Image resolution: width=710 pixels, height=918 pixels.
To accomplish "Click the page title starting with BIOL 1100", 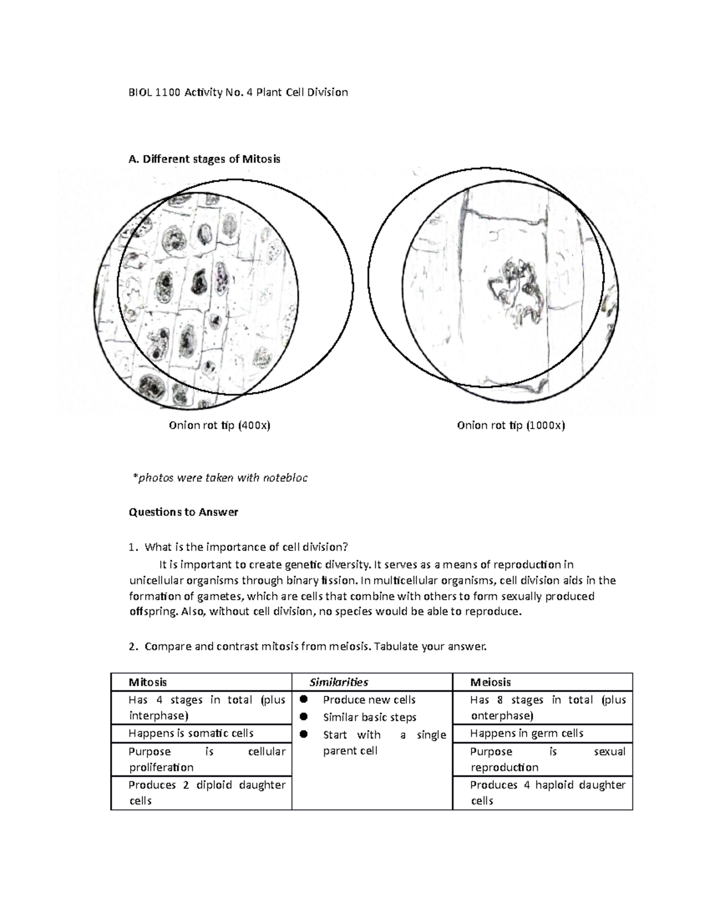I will (x=238, y=92).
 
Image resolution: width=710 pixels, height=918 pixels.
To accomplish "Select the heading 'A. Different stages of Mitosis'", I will (x=204, y=159).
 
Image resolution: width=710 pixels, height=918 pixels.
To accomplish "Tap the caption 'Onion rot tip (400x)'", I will (x=220, y=426).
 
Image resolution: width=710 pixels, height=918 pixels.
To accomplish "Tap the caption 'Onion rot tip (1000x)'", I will (x=511, y=426).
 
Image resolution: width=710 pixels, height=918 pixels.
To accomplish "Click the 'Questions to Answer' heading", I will (x=183, y=512).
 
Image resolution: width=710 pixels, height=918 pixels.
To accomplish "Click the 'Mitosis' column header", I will (x=148, y=682).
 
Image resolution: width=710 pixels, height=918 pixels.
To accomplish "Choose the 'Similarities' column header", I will (x=339, y=682).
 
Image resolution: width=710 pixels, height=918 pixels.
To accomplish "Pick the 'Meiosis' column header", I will (x=490, y=682).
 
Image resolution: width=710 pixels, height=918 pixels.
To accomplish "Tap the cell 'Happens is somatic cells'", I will (x=191, y=734).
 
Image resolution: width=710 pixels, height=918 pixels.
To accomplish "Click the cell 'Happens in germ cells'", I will (x=527, y=734).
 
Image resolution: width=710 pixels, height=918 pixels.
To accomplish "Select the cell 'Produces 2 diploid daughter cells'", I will (x=206, y=793).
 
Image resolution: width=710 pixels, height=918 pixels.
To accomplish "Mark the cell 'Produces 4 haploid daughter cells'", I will (x=547, y=793).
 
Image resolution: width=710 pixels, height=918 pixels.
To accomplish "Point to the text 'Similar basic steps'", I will (x=370, y=718).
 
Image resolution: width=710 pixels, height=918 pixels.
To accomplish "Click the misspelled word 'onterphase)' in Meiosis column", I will (x=502, y=716).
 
